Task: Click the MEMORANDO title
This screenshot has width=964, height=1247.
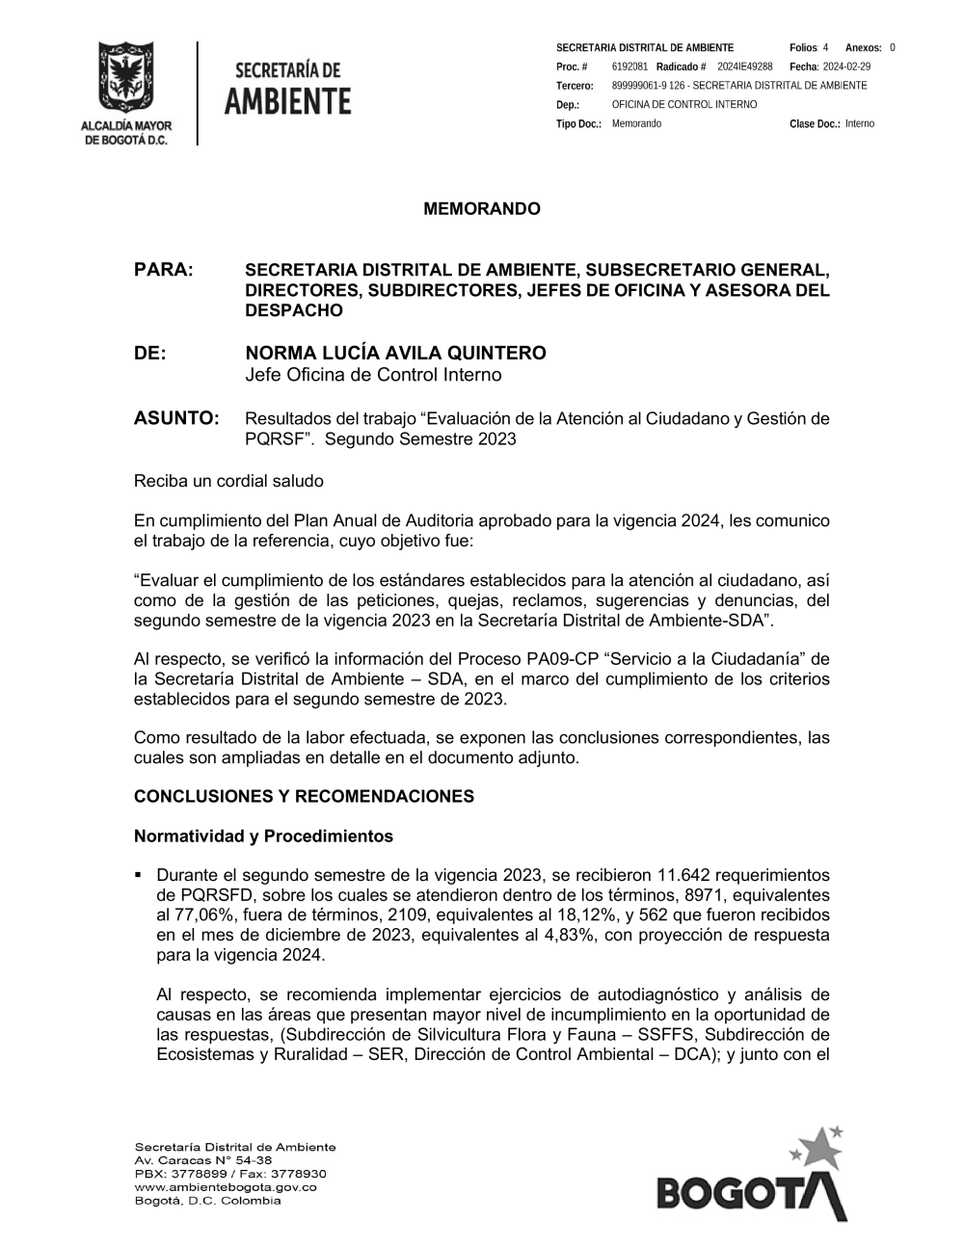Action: pos(482,209)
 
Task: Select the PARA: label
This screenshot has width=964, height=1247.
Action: pos(164,270)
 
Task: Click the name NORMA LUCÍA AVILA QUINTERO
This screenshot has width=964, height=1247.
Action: pos(395,353)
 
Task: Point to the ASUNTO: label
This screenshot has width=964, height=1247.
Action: pos(176,418)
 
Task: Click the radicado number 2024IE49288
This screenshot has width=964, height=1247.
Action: pos(745,66)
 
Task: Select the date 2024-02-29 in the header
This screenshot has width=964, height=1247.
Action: pos(846,66)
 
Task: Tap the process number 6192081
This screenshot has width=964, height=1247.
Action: pos(629,66)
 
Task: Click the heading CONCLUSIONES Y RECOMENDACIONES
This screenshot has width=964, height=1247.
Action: pos(304,796)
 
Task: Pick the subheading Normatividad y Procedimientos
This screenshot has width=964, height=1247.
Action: pos(263,836)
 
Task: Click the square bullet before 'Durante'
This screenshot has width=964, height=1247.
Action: pos(139,875)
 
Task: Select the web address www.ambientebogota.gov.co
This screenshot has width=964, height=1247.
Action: pos(226,1187)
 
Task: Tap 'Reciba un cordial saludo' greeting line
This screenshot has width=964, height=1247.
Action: pos(228,480)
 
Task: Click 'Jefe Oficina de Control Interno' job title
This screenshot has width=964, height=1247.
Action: pos(373,375)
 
